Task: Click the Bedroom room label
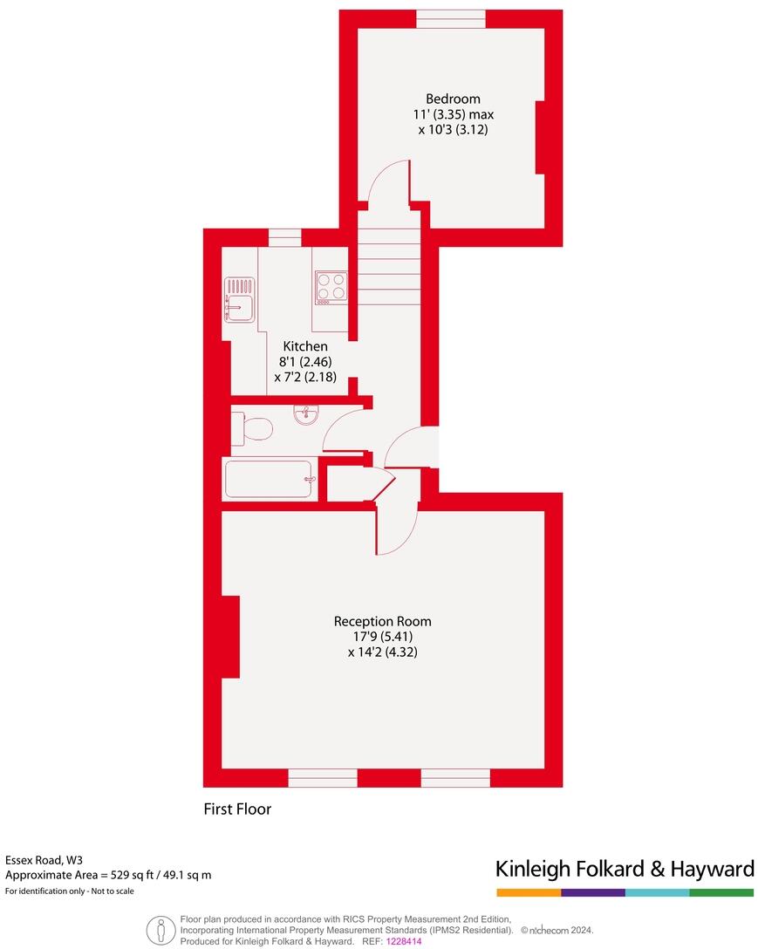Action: (x=453, y=99)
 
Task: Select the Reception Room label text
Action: (x=382, y=622)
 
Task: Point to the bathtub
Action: (x=269, y=479)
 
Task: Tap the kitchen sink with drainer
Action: (x=239, y=297)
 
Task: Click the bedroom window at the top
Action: (x=451, y=19)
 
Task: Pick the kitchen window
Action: (x=285, y=237)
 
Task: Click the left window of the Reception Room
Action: (x=323, y=778)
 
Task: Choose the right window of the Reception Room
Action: (x=455, y=778)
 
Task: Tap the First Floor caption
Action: (x=237, y=809)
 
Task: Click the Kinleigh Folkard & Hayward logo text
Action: (x=625, y=869)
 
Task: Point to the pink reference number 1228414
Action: (x=404, y=942)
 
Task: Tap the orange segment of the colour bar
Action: (x=529, y=893)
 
